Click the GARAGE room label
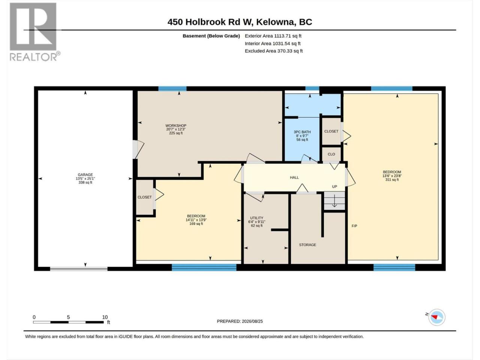85,175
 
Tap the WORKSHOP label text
176,126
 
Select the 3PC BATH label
302,132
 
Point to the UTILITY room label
257,218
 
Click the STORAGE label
307,245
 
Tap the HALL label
294,177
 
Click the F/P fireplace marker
354,226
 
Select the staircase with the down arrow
334,201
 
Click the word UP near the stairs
334,187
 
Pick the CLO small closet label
331,154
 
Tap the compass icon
437,317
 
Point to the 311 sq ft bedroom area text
392,180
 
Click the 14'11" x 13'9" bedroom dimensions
196,220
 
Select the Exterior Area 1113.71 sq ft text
273,36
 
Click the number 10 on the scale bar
105,317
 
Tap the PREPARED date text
240,321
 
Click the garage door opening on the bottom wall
79,269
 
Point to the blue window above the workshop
172,88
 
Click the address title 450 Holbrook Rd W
210,22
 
